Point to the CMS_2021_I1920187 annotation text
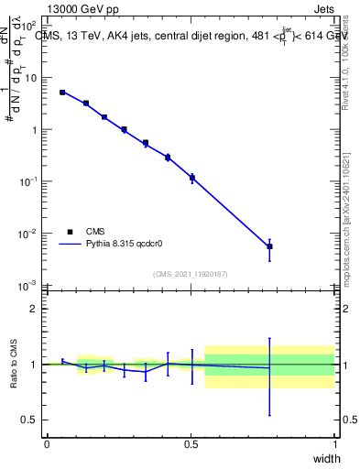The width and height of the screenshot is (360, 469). click(191, 274)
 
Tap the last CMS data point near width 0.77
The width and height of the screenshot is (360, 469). click(269, 246)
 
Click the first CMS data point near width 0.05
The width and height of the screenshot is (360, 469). click(62, 93)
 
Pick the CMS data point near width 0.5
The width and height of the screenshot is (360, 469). click(191, 178)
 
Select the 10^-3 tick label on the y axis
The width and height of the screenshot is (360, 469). click(27, 286)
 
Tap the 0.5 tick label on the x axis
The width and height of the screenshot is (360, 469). click(191, 444)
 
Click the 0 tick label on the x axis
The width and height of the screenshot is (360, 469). click(47, 444)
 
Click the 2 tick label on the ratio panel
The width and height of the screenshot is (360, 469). click(33, 309)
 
